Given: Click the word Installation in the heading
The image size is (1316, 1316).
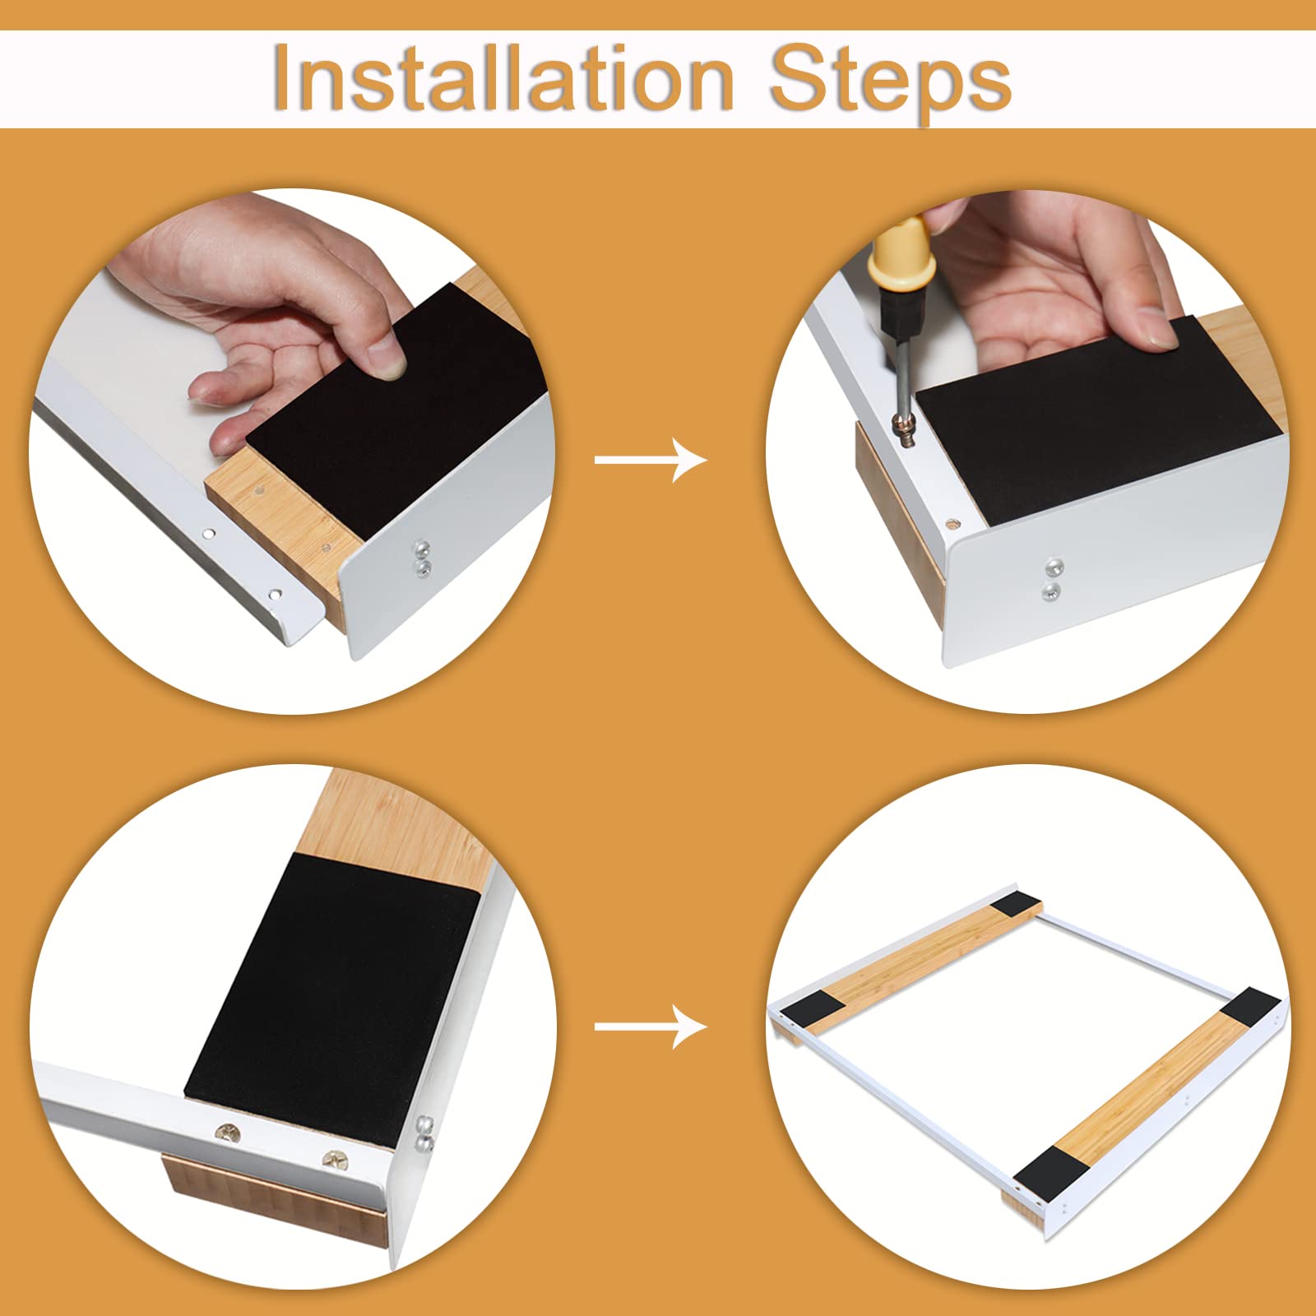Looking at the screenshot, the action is pos(503,78).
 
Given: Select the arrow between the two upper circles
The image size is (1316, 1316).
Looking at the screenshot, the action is pos(651,459).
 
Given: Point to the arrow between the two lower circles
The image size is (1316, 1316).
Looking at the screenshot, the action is pos(651,1026).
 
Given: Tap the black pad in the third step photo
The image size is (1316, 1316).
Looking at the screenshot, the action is pos(331,987).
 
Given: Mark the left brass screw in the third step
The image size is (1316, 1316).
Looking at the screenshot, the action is pos(228,1134).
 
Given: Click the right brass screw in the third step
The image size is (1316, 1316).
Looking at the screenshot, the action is pos(335,1161).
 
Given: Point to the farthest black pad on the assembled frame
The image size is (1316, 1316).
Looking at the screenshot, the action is pos(1017,907).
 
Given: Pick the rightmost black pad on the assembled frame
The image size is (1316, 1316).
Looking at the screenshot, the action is pos(1251,1008).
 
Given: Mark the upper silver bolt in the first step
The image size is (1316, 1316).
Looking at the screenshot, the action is pos(421,545).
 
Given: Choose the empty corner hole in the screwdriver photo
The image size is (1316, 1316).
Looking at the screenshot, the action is pos(952,523).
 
